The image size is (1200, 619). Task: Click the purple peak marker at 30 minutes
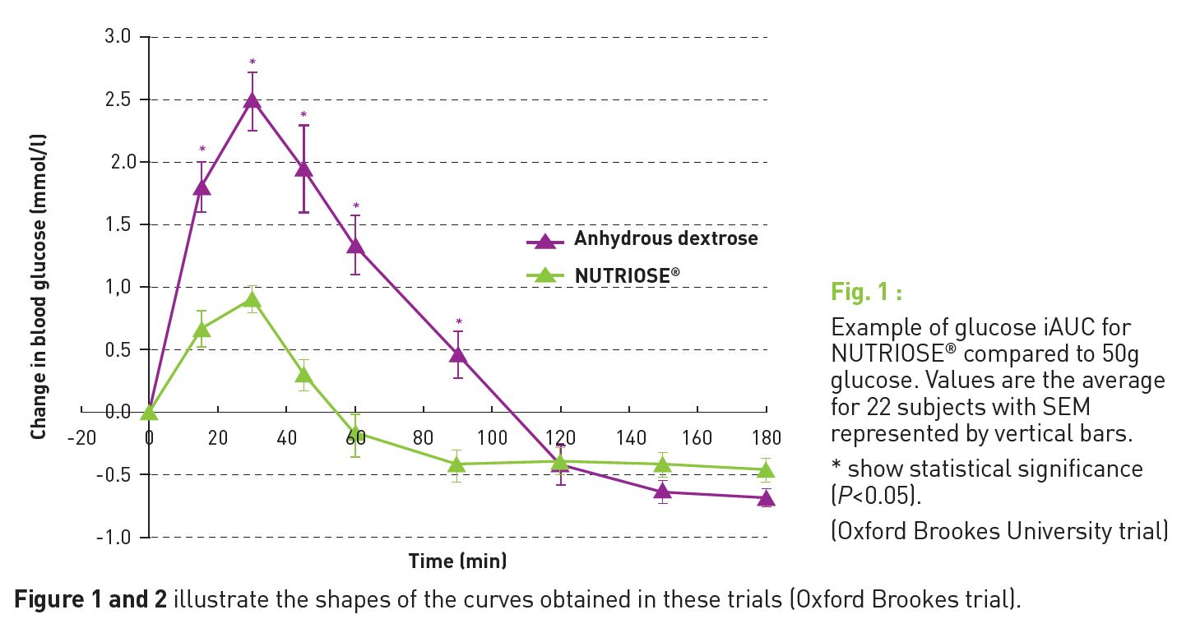(253, 101)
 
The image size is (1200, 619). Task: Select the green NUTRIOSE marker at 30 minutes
(253, 300)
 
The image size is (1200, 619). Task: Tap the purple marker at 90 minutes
(458, 355)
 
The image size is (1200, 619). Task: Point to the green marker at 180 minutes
(766, 470)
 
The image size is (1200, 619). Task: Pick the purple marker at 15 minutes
(202, 187)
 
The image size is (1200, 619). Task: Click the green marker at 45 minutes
(303, 376)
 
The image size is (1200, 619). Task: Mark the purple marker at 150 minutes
(663, 492)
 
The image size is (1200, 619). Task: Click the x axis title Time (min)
(457, 561)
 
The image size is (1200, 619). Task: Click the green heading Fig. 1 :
(866, 292)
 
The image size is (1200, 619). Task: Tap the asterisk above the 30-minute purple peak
(253, 62)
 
